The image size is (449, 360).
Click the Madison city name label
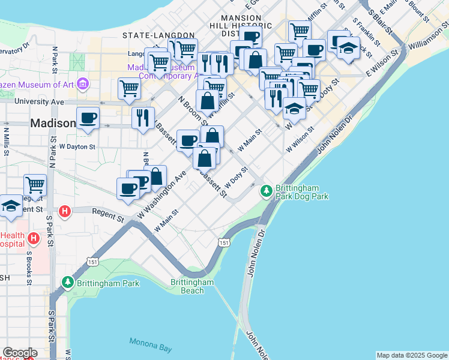53,123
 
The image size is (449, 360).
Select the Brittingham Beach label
192,286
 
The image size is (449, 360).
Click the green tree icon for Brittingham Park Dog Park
266,191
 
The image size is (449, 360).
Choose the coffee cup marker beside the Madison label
88,117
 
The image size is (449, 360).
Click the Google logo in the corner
20,353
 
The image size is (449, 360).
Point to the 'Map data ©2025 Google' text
412,355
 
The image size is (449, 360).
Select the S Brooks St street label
28,267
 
